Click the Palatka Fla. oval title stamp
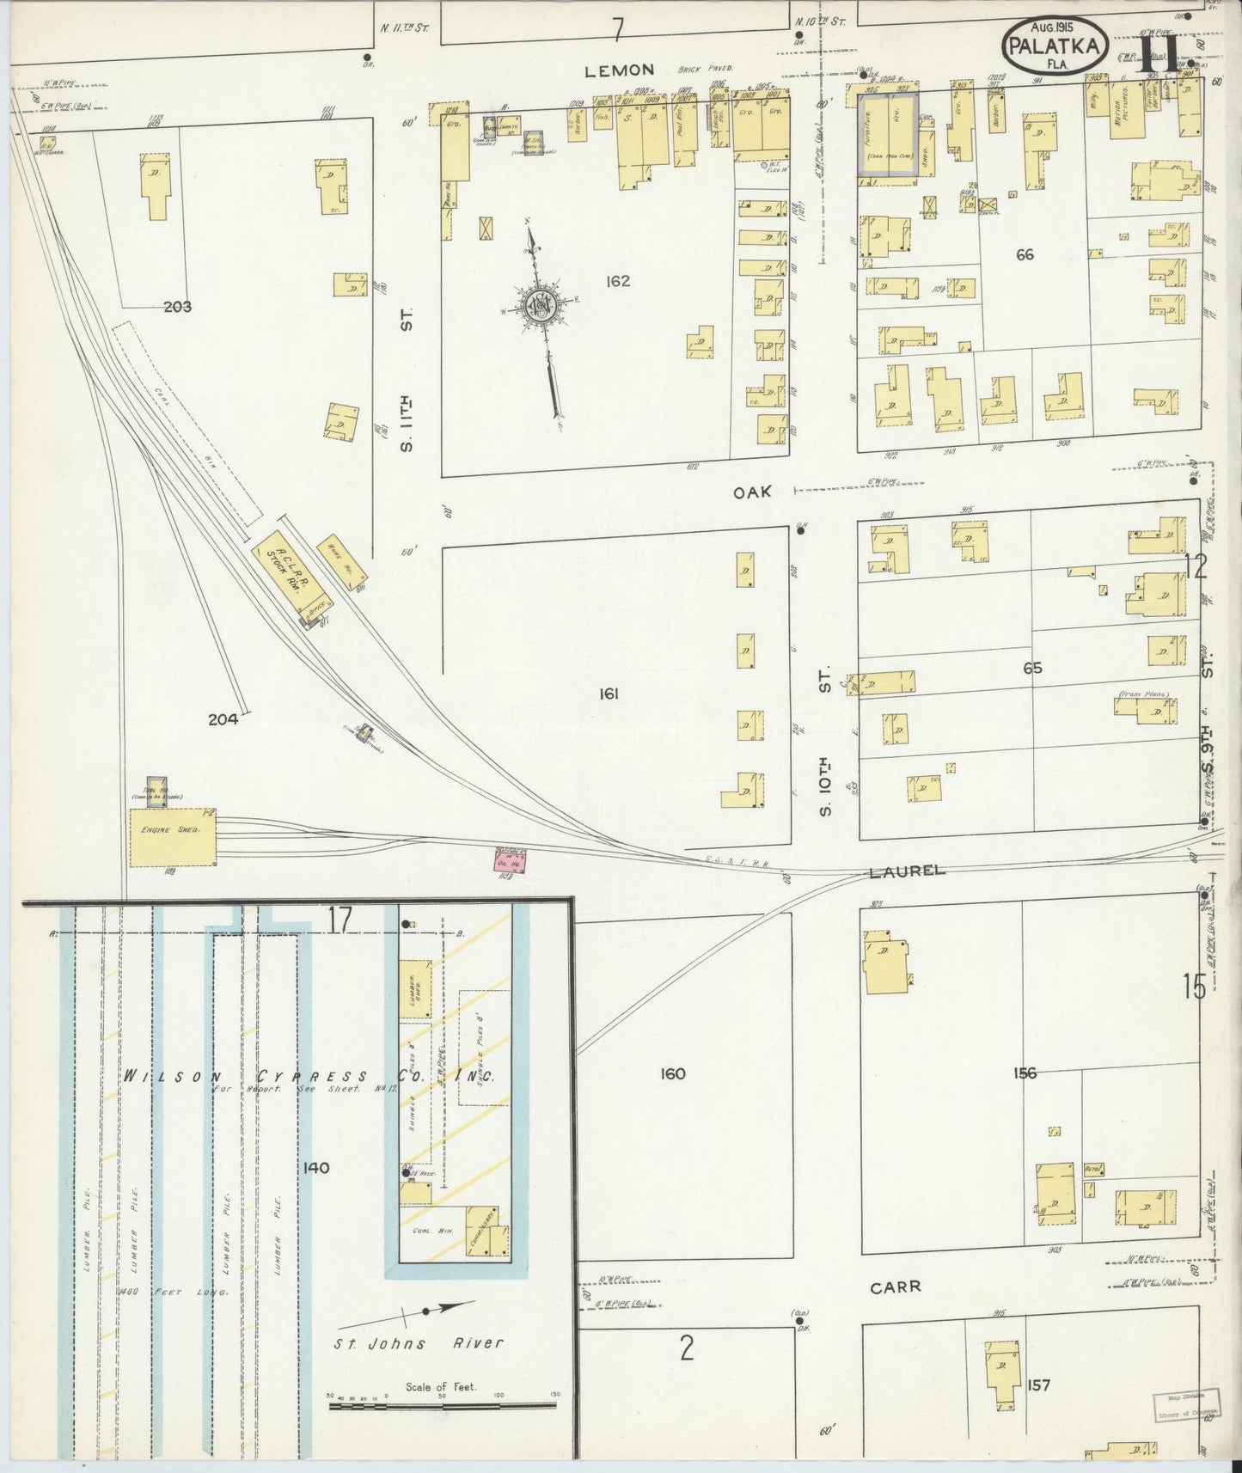pos(1053,46)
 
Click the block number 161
pos(609,694)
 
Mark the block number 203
pos(177,307)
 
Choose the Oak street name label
pos(752,492)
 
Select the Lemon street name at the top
pos(620,70)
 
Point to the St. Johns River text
pos(419,1342)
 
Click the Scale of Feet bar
pos(442,1407)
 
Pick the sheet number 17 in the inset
pos(340,920)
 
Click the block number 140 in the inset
pos(316,1168)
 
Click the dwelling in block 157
pos(1000,1373)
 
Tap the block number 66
pos(1024,254)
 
